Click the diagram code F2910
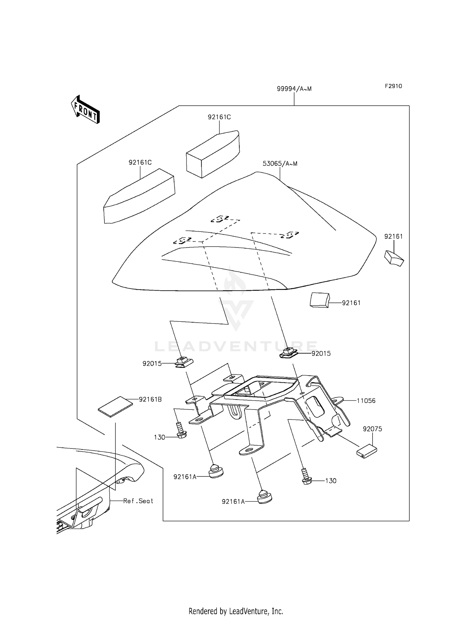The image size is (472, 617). tap(393, 86)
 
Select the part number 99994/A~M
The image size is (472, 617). tap(294, 89)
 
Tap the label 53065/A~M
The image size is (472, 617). tap(280, 164)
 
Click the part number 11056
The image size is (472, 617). tap(366, 401)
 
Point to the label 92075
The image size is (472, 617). tap(372, 429)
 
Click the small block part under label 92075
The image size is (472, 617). tap(366, 452)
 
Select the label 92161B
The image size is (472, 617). tap(150, 399)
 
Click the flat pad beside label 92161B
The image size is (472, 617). tap(115, 406)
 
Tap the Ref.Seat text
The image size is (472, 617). tap(138, 501)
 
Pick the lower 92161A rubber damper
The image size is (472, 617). tap(265, 497)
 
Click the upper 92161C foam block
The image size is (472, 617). tap(213, 154)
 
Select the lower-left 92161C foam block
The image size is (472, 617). tap(139, 197)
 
